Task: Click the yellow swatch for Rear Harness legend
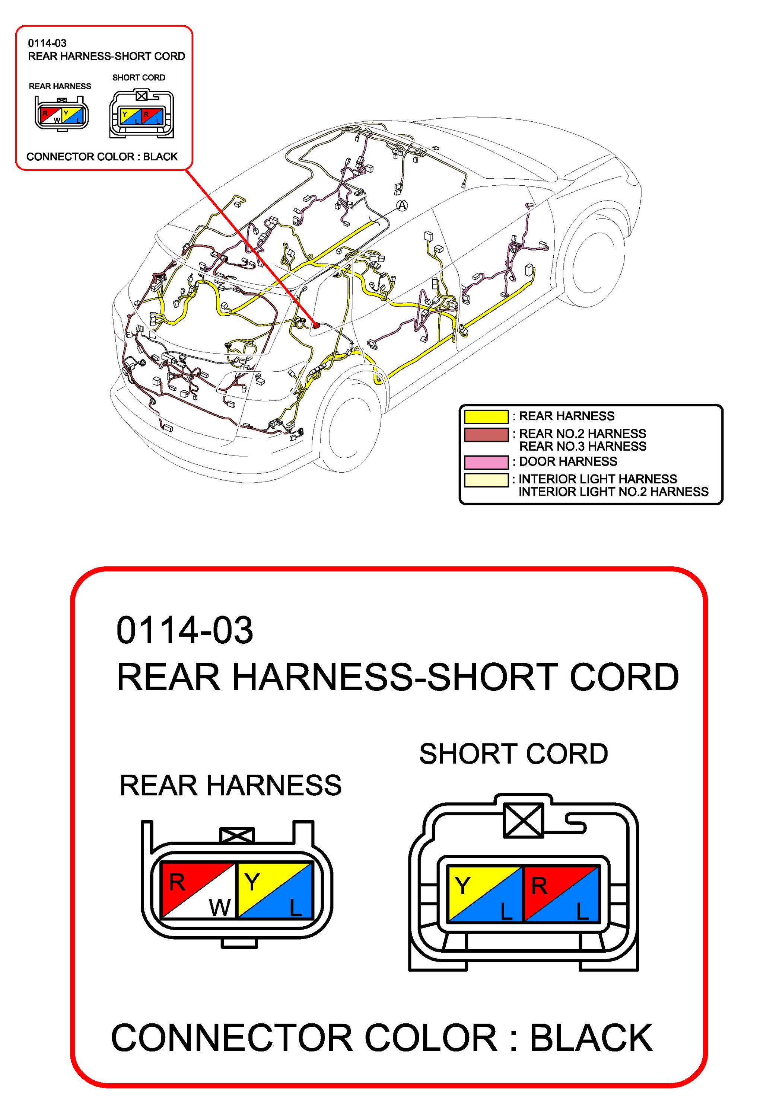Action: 486,416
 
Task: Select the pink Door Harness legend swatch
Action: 486,462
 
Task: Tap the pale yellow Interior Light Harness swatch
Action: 486,480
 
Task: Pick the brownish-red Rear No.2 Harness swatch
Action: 486,434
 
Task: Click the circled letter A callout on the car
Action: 402,206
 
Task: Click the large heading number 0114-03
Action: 185,630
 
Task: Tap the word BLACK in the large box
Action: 591,1039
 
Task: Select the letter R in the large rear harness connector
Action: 177,882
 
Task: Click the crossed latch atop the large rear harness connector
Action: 236,836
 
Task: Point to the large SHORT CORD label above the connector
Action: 513,753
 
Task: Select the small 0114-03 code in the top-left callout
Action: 47,43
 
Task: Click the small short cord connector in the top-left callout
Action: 141,114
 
